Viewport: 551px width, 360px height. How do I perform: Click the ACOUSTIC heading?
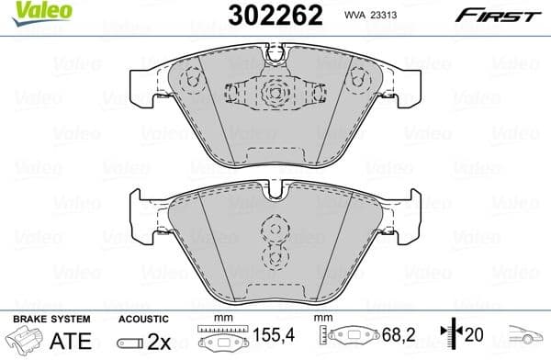(142, 318)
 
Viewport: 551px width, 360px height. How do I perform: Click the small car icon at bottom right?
(527, 338)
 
